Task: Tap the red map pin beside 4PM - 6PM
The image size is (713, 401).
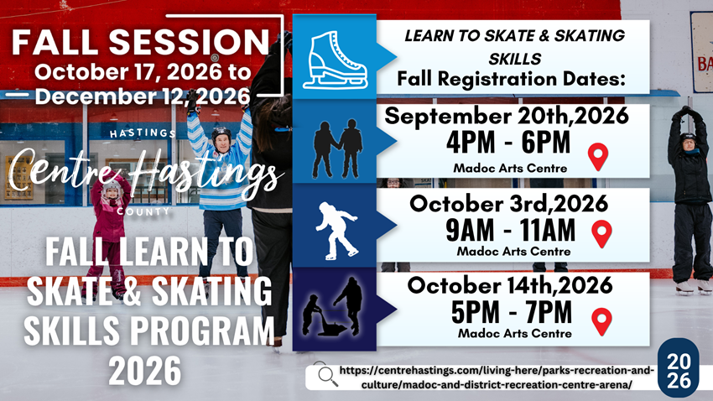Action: (x=597, y=157)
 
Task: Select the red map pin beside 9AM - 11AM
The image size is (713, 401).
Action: (x=601, y=234)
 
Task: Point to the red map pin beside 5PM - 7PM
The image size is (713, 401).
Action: (x=601, y=321)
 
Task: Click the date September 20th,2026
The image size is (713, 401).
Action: (x=507, y=116)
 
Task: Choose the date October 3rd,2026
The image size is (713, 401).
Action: (x=508, y=203)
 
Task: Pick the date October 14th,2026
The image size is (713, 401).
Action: (x=510, y=285)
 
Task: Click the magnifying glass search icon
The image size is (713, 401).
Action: (x=326, y=375)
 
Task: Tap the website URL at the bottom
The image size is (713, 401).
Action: (x=496, y=378)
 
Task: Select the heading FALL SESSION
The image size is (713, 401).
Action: (x=141, y=42)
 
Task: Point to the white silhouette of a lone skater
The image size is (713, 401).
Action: (x=336, y=231)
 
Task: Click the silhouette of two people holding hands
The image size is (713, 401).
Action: (x=337, y=148)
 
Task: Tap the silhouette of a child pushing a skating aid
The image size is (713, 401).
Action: (x=332, y=306)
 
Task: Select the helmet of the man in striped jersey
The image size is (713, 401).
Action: (x=221, y=133)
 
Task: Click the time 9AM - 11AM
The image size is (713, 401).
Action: (x=510, y=230)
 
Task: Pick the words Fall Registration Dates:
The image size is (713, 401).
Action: (x=511, y=79)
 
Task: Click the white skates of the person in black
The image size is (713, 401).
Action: (x=694, y=288)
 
